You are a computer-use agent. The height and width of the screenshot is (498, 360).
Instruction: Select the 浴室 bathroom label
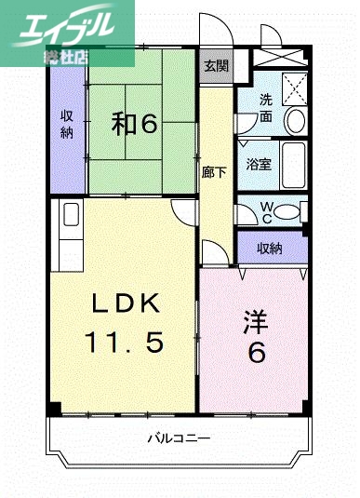tap(259, 164)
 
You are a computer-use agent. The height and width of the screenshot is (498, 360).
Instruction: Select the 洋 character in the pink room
tap(256, 322)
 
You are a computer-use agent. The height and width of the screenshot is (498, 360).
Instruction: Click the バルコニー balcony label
tap(179, 437)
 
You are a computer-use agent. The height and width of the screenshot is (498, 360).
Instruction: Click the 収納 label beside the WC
tap(271, 248)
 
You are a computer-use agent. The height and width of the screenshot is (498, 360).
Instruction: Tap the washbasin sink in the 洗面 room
tap(295, 120)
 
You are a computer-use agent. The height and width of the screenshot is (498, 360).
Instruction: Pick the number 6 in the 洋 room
tap(256, 354)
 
